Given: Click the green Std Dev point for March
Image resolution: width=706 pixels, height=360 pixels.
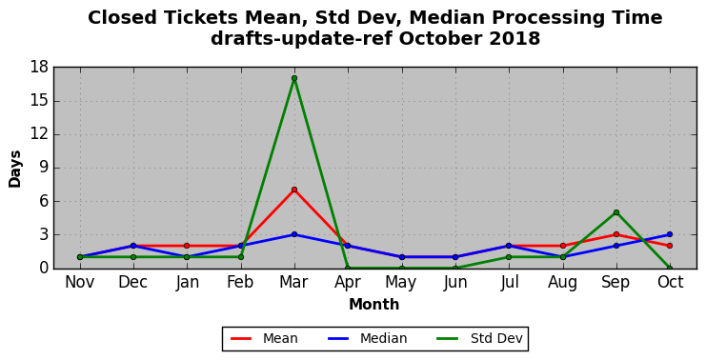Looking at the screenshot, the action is coord(294,78).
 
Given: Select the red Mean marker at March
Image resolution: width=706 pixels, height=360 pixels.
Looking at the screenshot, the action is coord(294,190).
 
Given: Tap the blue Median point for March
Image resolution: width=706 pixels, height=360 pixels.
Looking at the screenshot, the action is coord(294,234).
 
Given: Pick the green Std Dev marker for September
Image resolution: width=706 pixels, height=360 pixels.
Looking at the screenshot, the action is coord(616,212).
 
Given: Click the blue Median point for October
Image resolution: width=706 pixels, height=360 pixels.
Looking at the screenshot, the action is coord(670,234).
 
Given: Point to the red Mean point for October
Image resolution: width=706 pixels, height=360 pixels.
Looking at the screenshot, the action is coord(670,246).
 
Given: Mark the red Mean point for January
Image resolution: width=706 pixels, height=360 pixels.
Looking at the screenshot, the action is coord(187,246).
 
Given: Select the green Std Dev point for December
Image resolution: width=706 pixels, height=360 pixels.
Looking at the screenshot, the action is coord(133,257).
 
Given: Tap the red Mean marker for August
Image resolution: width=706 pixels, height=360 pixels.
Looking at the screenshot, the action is coord(563,246).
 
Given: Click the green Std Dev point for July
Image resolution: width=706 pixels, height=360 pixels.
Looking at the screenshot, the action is coord(509,257).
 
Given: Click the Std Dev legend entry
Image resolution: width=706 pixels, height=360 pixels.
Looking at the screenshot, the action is coord(480,338).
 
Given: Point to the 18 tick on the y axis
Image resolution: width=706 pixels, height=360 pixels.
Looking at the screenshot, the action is coord(39,68).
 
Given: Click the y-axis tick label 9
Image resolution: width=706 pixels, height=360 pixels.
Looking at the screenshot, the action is coord(44,168).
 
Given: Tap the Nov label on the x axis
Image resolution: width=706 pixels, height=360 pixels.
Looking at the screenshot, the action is coord(80,282).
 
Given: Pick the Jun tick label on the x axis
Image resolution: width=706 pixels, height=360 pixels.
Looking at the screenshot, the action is coord(455,283).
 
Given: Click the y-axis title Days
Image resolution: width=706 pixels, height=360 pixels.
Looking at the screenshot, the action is coord(15,170).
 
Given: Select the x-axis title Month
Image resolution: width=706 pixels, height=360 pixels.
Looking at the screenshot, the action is coord(374,305).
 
